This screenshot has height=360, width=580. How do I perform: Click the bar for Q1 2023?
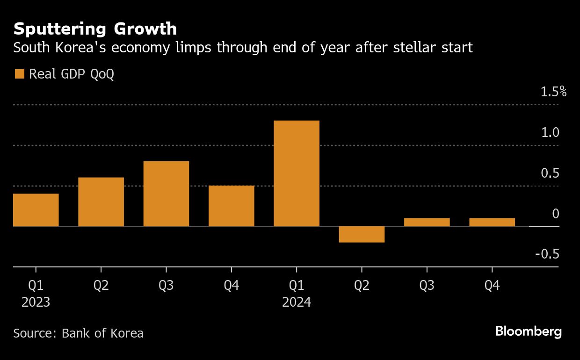pyautogui.click(x=36, y=210)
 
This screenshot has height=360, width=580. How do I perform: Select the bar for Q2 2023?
pyautogui.click(x=101, y=202)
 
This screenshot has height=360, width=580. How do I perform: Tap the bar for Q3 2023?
pyautogui.click(x=166, y=194)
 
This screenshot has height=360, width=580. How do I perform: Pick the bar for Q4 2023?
pyautogui.click(x=231, y=206)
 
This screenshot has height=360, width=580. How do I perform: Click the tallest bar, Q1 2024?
pyautogui.click(x=297, y=173)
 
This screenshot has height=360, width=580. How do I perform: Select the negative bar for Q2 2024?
pyautogui.click(x=362, y=234)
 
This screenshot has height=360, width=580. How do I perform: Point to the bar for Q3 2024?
pyautogui.click(x=427, y=222)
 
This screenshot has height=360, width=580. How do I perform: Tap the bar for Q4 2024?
pyautogui.click(x=492, y=222)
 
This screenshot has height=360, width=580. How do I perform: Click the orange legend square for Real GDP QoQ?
pyautogui.click(x=19, y=74)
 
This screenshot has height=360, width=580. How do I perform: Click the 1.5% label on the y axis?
pyautogui.click(x=553, y=92)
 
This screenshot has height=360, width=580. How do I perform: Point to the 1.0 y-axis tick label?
pyautogui.click(x=550, y=133)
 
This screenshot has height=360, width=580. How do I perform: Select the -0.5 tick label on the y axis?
pyautogui.click(x=547, y=254)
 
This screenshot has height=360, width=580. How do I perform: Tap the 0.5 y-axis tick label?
pyautogui.click(x=550, y=173)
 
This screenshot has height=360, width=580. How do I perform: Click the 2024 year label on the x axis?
pyautogui.click(x=297, y=302)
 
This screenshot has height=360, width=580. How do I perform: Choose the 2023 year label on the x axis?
pyautogui.click(x=36, y=302)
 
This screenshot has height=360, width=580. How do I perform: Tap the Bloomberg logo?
pyautogui.click(x=528, y=332)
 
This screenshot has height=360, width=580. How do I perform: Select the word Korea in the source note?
pyautogui.click(x=127, y=333)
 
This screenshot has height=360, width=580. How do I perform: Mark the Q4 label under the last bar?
pyautogui.click(x=492, y=285)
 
